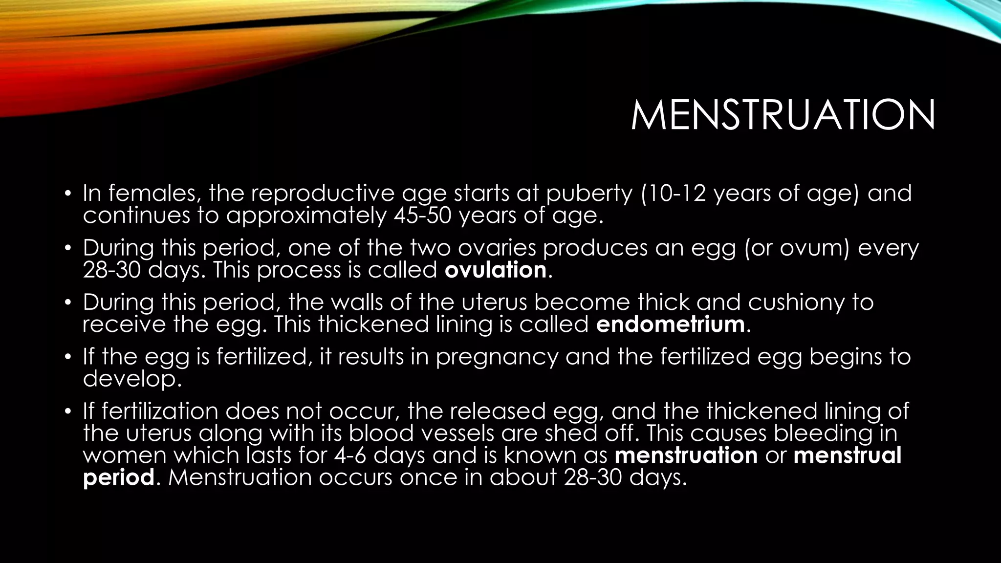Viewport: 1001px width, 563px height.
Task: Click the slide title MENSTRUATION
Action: click(783, 115)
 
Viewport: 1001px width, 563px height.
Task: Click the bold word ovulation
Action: click(496, 270)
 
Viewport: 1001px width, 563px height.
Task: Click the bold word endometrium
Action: click(671, 324)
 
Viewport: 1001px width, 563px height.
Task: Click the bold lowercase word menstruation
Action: click(686, 455)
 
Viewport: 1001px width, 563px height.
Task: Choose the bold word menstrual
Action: click(848, 455)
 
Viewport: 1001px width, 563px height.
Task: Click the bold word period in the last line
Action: click(119, 477)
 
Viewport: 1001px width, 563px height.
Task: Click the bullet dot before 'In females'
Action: click(68, 194)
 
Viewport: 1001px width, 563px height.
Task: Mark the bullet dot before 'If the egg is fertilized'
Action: click(68, 357)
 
